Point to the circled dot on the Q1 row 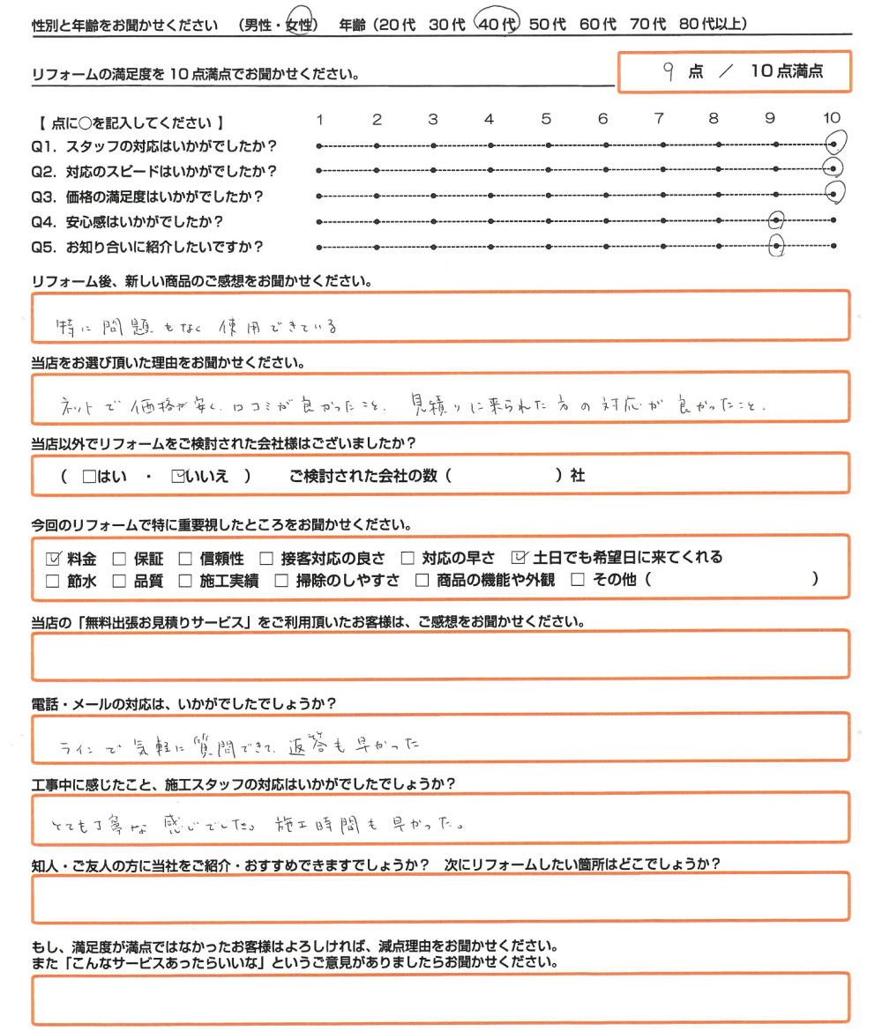(833, 144)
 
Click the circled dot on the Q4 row (776, 220)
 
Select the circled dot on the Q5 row (776, 247)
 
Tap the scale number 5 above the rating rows (546, 119)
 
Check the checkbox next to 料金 (52, 558)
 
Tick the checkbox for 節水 (52, 581)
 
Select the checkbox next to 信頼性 (184, 558)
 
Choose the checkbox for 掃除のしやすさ (281, 581)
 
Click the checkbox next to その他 (579, 581)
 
